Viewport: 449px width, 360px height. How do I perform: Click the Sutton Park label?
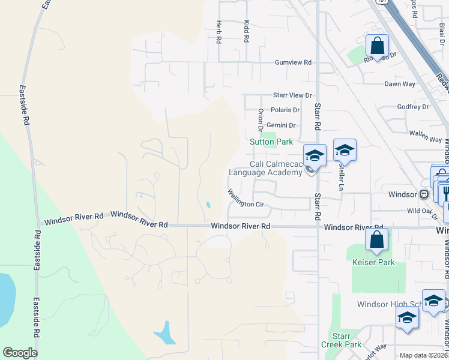[271, 142]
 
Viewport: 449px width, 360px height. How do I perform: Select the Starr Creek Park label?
[345, 340]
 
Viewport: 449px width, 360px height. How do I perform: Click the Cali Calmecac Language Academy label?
[265, 168]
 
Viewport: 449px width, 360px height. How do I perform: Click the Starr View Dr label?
[292, 95]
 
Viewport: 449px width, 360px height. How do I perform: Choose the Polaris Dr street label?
[285, 110]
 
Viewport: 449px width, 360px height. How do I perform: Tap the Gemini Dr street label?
[282, 125]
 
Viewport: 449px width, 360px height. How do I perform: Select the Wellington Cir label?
[246, 199]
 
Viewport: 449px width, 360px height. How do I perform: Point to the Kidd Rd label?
[246, 31]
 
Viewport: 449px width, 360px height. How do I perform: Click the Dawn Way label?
[400, 84]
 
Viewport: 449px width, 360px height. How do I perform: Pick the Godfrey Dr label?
[413, 107]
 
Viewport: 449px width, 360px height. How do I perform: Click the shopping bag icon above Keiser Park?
[376, 239]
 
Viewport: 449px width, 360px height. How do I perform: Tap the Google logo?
[20, 353]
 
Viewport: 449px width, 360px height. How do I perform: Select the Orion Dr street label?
[261, 120]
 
